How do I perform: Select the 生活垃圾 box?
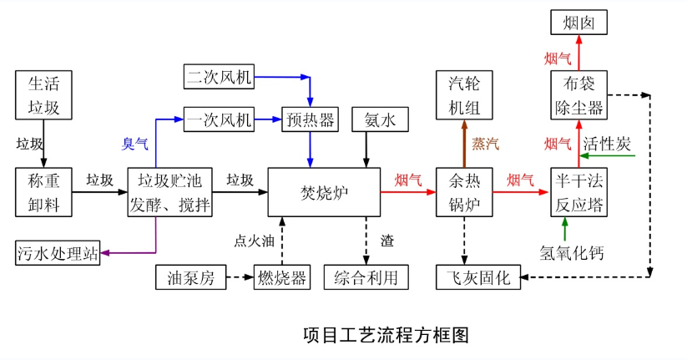click(44, 95)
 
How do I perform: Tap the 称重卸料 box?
click(44, 193)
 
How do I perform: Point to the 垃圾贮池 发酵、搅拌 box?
click(170, 193)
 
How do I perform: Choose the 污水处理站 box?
click(58, 252)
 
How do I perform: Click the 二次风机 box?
click(218, 78)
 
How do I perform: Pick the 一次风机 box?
click(218, 120)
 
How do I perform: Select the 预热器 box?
click(311, 120)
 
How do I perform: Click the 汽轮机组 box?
click(464, 95)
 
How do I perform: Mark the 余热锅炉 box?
click(464, 193)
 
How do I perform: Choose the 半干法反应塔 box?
click(578, 193)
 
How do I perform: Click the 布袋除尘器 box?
click(578, 95)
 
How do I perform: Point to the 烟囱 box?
click(578, 22)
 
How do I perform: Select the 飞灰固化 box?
click(478, 276)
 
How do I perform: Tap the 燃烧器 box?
click(280, 277)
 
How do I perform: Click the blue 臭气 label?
click(135, 145)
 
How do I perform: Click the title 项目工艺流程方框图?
click(386, 336)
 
